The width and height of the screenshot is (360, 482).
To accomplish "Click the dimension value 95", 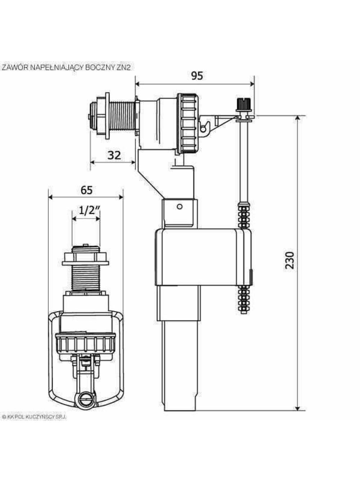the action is pyautogui.click(x=197, y=76).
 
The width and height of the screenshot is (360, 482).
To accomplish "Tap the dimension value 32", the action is pyautogui.click(x=114, y=155).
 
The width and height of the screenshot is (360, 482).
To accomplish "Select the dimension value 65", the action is pyautogui.click(x=86, y=190).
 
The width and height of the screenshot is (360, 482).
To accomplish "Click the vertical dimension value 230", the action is pyautogui.click(x=289, y=260).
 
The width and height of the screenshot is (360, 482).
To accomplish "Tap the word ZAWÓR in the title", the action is pyautogui.click(x=15, y=67).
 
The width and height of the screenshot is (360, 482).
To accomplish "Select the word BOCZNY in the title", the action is pyautogui.click(x=100, y=67).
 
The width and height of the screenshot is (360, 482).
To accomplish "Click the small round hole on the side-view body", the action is pyautogui.click(x=180, y=206).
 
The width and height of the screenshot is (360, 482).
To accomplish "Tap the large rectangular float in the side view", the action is pyautogui.click(x=203, y=257).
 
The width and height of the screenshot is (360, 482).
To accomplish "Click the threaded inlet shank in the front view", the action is pyautogui.click(x=86, y=278).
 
